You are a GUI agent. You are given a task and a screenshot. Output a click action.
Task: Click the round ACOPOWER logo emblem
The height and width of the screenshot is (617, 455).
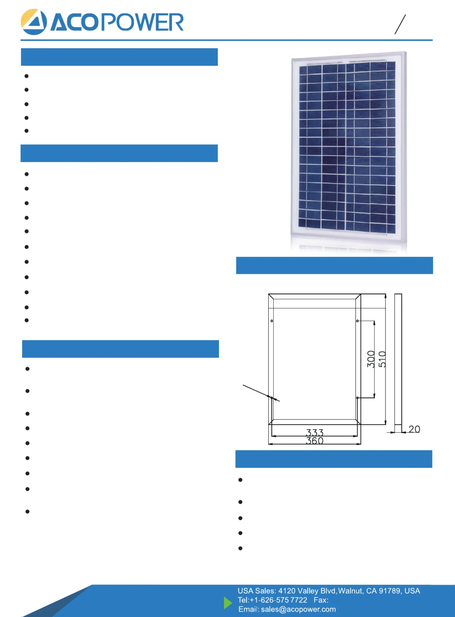pos(34,22)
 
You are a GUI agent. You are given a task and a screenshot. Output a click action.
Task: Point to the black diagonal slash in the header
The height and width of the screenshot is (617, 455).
pos(400,24)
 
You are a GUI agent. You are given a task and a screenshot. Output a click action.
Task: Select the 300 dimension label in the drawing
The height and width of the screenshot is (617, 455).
pos(371,359)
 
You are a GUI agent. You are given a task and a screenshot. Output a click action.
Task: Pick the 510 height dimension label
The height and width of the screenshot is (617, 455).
pos(382,359)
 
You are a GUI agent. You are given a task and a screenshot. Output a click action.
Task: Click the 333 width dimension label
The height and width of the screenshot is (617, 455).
pos(315,432)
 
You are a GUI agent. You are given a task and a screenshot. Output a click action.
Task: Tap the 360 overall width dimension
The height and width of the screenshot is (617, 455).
pos(315,441)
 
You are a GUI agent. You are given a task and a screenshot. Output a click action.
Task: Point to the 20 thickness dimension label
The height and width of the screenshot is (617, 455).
pos(414,429)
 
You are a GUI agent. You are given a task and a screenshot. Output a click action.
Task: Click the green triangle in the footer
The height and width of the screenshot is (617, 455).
pos(227,603)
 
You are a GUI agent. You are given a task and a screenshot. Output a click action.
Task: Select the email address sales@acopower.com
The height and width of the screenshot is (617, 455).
pos(298,609)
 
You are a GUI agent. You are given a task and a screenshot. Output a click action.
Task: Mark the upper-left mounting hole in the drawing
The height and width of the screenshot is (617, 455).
pos(272,321)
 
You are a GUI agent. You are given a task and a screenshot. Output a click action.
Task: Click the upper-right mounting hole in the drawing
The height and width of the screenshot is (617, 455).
pos(357,321)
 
